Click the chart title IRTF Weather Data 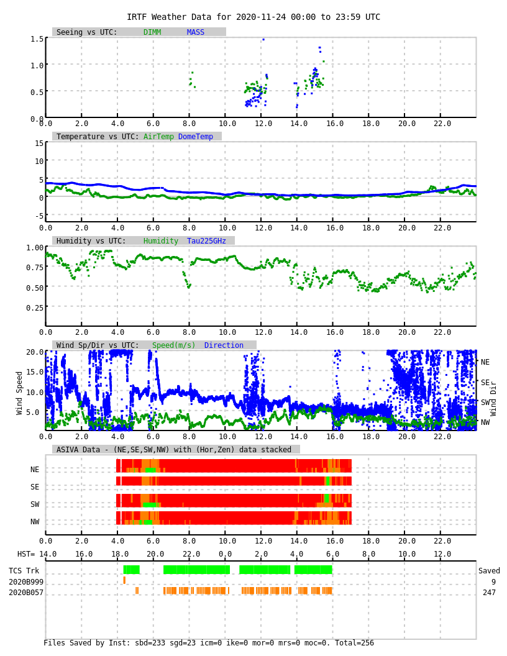click(253, 17)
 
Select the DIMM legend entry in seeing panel click(152, 32)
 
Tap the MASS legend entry click(195, 32)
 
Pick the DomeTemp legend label click(195, 137)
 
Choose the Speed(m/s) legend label click(173, 345)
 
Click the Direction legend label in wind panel click(224, 345)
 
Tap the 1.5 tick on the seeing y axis click(37, 39)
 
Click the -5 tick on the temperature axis click(39, 216)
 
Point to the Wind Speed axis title click(19, 393)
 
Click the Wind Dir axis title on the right click(494, 398)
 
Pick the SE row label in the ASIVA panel click(35, 487)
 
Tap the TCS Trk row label click(24, 571)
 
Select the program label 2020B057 click(26, 593)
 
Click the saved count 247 click(489, 593)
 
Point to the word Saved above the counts click(489, 571)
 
